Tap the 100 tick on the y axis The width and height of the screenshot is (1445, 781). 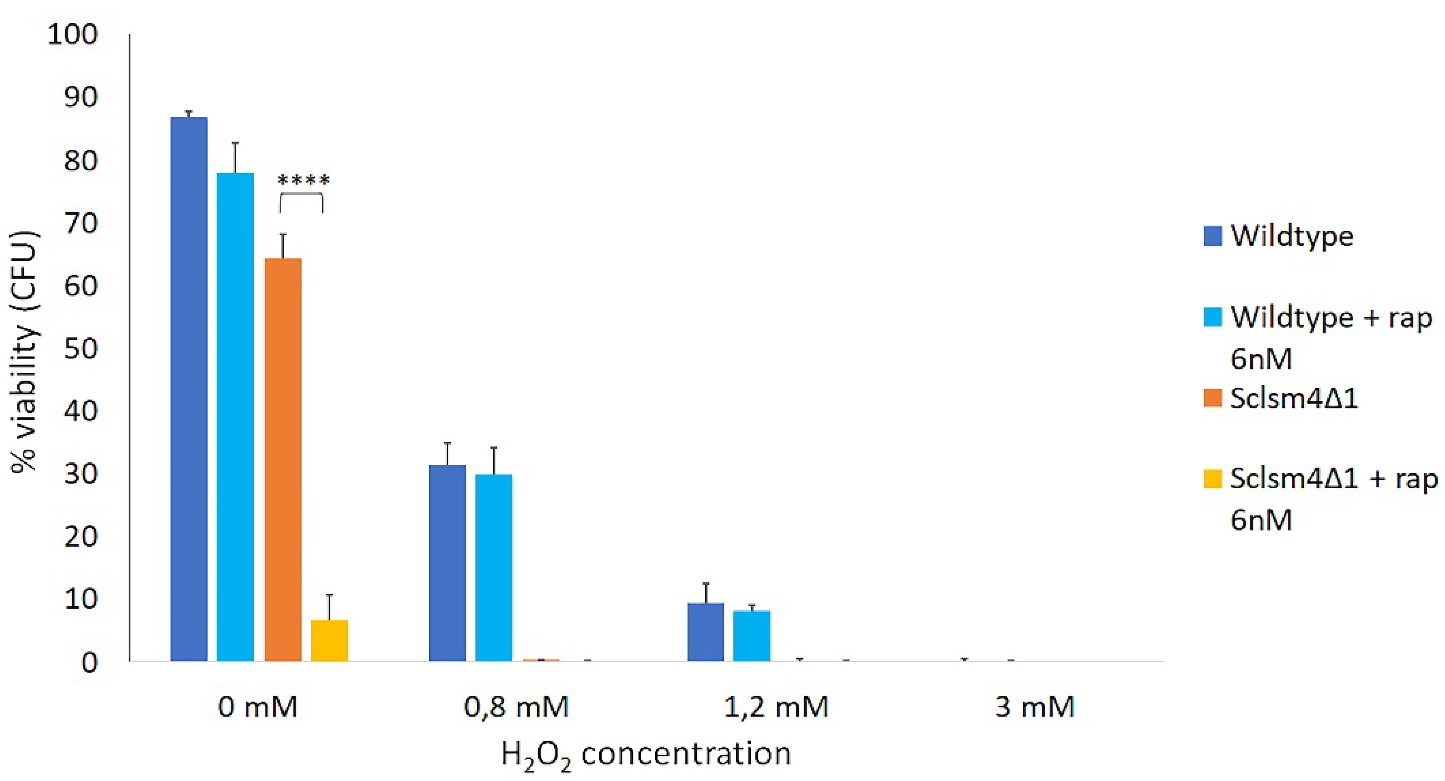[72, 35]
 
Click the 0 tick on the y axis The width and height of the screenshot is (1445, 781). [90, 663]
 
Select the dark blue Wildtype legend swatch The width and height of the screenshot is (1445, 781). [1212, 236]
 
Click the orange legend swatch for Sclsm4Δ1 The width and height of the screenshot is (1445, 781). [1212, 398]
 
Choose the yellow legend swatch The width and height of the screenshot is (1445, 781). [1212, 479]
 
